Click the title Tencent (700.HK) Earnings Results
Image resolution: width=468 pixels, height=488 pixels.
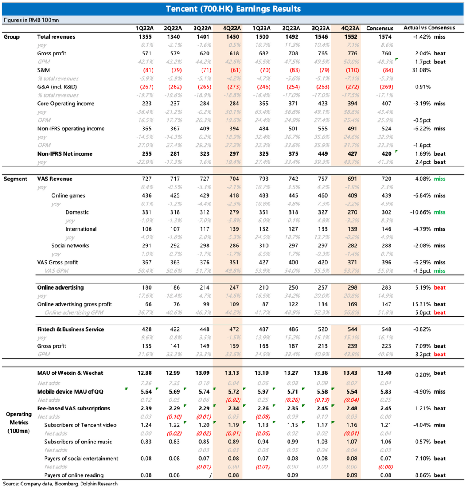234,9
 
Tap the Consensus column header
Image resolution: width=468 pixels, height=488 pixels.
380,28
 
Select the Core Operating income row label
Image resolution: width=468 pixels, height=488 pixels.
65,104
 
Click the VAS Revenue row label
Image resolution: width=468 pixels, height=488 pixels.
55,179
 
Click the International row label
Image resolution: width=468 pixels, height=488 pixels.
81,229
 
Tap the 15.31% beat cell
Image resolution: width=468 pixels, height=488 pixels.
428,304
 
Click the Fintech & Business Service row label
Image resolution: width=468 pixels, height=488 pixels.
70,329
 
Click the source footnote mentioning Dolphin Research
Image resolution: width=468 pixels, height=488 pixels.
60,483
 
